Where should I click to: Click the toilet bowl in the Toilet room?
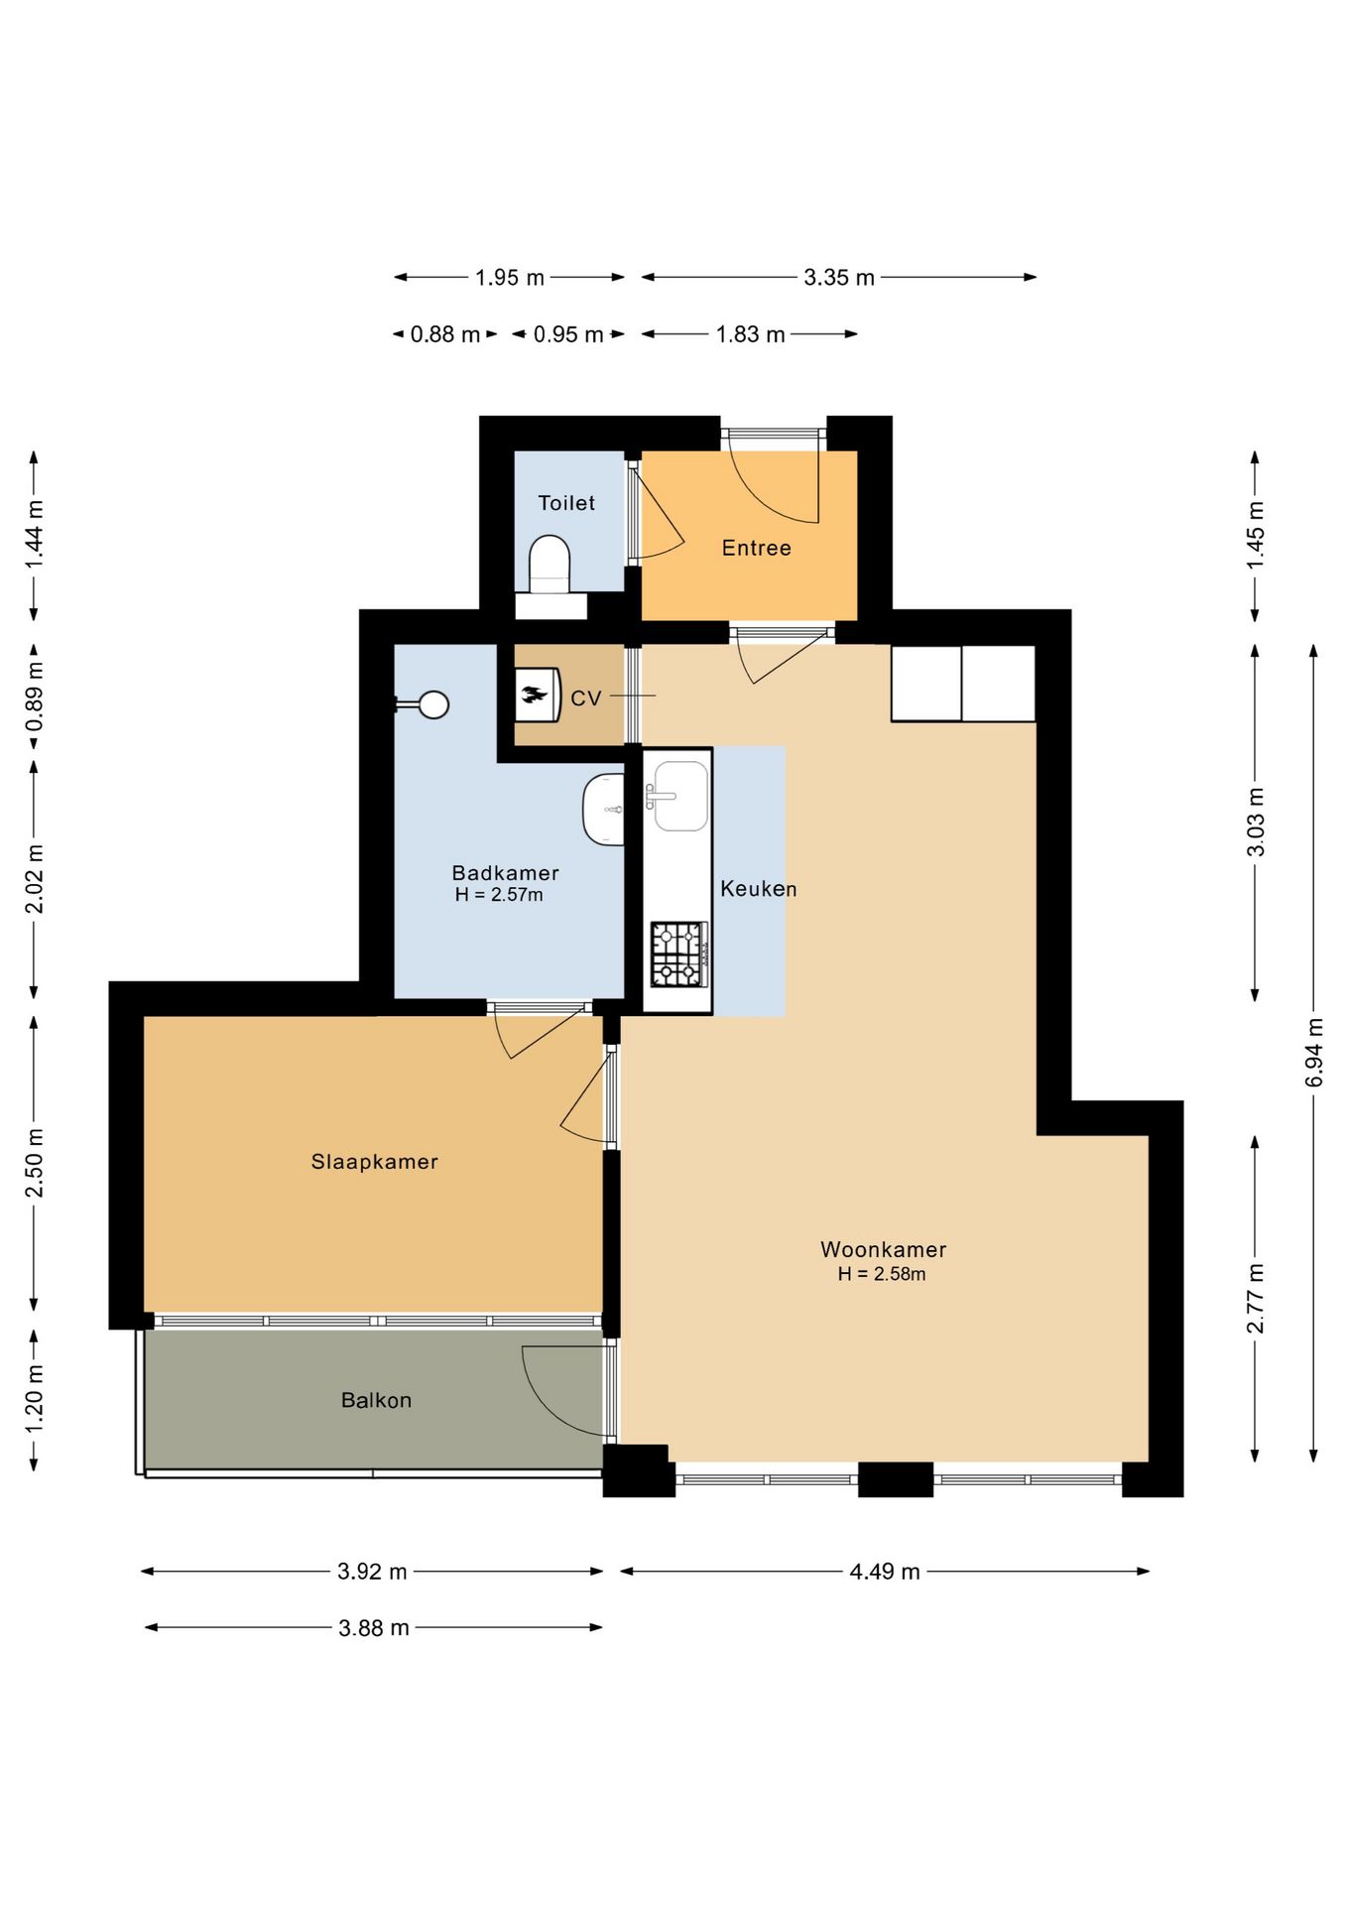coord(550,564)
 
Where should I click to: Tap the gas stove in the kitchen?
coord(679,954)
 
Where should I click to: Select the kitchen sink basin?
coord(680,796)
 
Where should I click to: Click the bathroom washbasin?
coord(603,810)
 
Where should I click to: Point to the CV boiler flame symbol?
coord(535,695)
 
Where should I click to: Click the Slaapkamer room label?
coord(375,1162)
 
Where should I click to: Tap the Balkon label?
coord(377,1400)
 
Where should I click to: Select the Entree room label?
coord(757,548)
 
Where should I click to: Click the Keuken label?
coord(759,889)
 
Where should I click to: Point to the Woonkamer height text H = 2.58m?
coord(882,1274)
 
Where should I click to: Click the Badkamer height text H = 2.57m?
coord(499,895)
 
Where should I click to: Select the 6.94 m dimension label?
coord(1314,1052)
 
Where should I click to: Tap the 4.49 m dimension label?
coord(885,1572)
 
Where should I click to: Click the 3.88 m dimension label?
coord(374,1628)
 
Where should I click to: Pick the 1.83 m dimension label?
coord(751,334)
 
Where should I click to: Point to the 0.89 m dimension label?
coord(35,698)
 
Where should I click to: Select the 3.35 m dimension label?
coord(839,278)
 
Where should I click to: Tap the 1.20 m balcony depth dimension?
coord(35,1398)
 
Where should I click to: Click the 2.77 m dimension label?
coord(1256,1299)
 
